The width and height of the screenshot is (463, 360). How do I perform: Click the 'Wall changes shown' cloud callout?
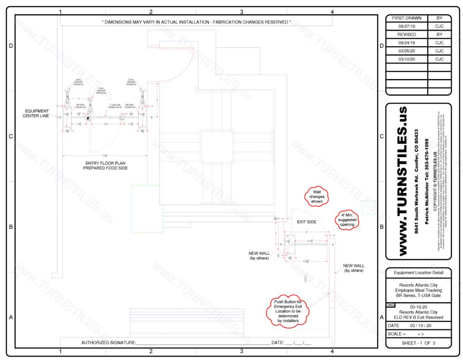point(317,197)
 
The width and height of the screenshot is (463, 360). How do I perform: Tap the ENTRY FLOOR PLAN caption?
point(105,165)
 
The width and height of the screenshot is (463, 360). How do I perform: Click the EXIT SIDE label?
point(306,222)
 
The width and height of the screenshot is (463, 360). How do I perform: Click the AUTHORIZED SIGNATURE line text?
point(109,343)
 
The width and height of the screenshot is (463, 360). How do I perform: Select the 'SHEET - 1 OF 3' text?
point(418,343)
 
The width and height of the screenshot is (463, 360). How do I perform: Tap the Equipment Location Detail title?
point(418,273)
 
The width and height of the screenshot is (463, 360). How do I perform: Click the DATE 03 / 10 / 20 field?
point(418,325)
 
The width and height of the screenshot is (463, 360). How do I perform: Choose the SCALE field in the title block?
point(418,334)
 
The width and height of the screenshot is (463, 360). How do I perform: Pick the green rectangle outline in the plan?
point(147,209)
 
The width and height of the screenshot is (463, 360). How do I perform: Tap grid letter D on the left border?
point(11,46)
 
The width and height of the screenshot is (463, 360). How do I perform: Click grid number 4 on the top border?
point(332,12)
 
